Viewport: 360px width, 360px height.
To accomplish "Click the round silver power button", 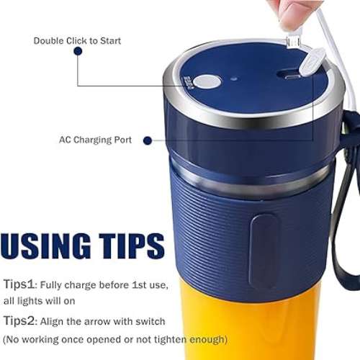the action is [x=207, y=82].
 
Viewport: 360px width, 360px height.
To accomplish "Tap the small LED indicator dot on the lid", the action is [x=234, y=78].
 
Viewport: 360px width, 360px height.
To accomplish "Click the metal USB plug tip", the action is [x=293, y=42].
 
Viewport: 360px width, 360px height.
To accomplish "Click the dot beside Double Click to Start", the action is [x=78, y=51].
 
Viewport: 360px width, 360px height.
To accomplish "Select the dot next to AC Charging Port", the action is [x=148, y=140].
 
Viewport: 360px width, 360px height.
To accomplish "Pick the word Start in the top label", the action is [x=110, y=41].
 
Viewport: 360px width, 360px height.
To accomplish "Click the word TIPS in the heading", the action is [x=132, y=246].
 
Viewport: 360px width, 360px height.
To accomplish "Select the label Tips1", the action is [x=19, y=284].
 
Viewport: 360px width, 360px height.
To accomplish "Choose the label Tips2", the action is [x=19, y=321].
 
